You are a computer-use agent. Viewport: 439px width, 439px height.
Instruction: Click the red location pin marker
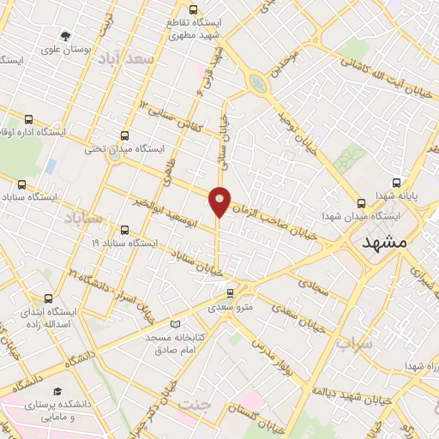click(x=220, y=201)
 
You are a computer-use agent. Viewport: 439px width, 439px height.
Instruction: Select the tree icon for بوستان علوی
click(x=66, y=36)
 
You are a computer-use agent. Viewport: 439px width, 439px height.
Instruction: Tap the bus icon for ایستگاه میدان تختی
click(x=125, y=135)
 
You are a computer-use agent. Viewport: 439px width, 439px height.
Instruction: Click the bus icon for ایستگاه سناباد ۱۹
click(x=125, y=230)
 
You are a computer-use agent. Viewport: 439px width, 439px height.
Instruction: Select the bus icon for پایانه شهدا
click(x=396, y=183)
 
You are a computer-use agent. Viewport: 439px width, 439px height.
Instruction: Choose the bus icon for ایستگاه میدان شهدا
click(x=360, y=203)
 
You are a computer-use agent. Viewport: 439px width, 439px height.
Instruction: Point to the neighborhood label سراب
click(x=353, y=344)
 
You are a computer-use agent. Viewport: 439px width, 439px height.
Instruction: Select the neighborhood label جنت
click(x=195, y=404)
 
